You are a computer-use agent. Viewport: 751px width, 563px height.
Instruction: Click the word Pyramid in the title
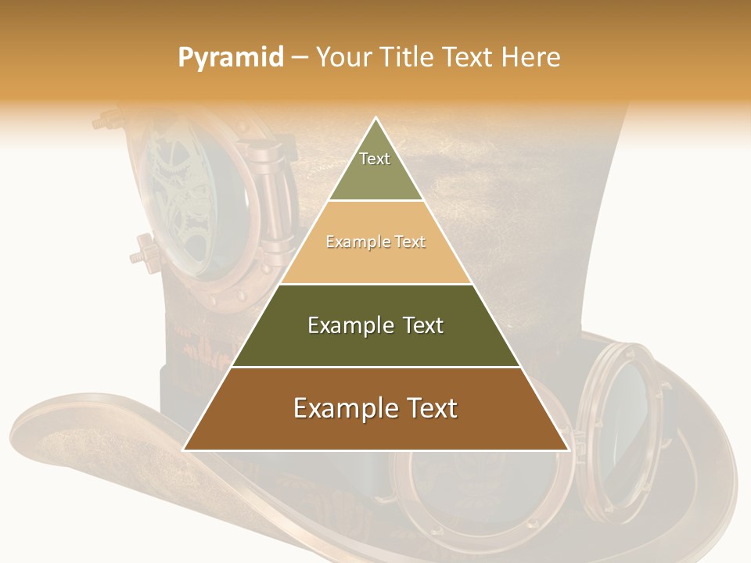pyautogui.click(x=231, y=58)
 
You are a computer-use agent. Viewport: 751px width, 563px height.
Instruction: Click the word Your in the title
pyautogui.click(x=342, y=58)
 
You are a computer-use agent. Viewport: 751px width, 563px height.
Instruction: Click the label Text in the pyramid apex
pyautogui.click(x=375, y=159)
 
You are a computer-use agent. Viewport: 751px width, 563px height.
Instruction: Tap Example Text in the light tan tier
pyautogui.click(x=375, y=242)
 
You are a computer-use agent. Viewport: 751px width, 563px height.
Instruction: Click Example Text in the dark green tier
pyautogui.click(x=375, y=325)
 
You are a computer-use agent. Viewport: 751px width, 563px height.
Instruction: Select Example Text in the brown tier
pyautogui.click(x=375, y=408)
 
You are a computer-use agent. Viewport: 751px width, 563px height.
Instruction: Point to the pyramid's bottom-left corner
pyautogui.click(x=185, y=449)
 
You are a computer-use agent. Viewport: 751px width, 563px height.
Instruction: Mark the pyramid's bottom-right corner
pyautogui.click(x=568, y=449)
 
